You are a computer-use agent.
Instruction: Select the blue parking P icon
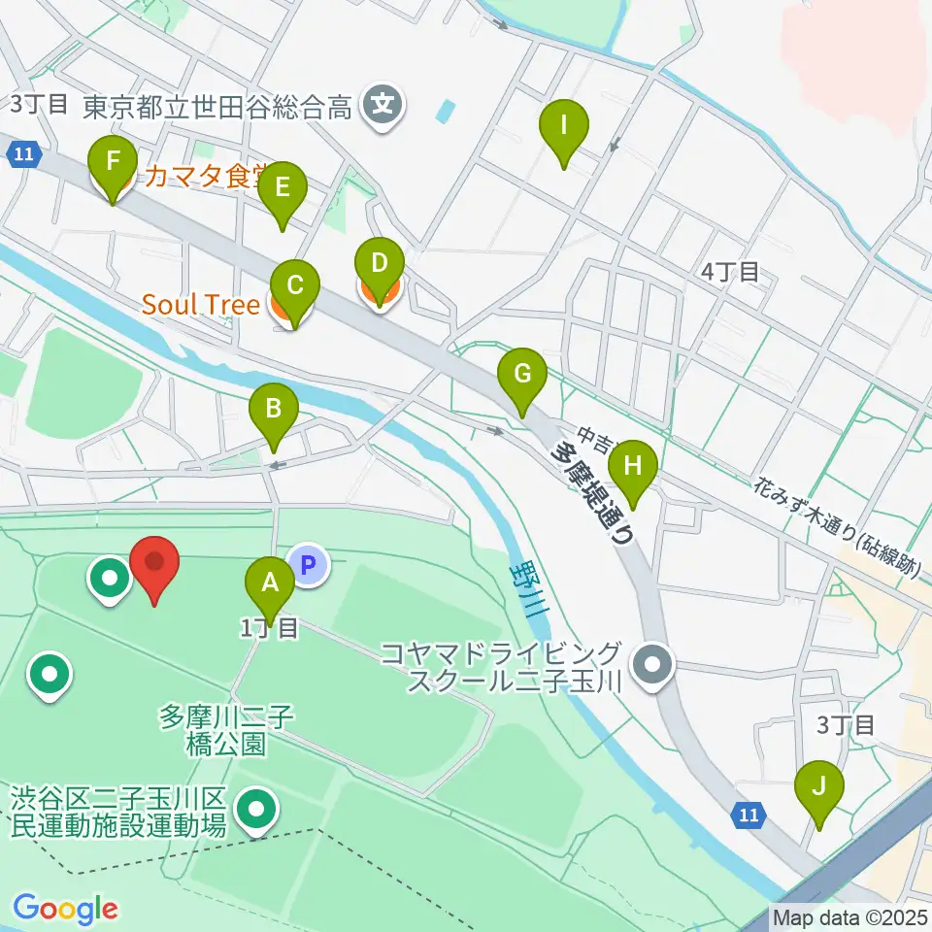tap(309, 565)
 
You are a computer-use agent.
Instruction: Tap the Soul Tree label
tap(201, 305)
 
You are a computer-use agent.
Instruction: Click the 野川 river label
tap(531, 591)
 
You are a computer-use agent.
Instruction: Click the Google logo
tap(65, 909)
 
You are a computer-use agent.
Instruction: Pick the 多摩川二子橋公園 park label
tap(227, 731)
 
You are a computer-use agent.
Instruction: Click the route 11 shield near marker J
tap(747, 815)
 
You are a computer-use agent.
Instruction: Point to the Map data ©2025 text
tap(850, 916)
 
